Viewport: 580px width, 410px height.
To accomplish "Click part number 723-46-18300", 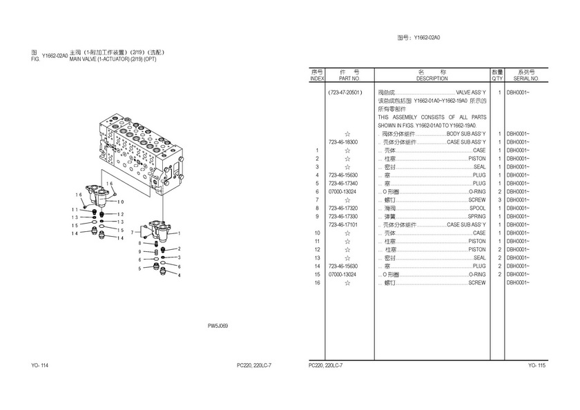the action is pyautogui.click(x=343, y=142).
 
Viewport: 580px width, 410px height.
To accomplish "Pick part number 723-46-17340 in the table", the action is pyautogui.click(x=343, y=184).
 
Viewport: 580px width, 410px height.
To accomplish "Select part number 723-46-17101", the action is pyautogui.click(x=343, y=225).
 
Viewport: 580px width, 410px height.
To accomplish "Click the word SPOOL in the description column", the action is pyautogui.click(x=478, y=208).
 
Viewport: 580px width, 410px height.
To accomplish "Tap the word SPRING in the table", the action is pyautogui.click(x=477, y=216).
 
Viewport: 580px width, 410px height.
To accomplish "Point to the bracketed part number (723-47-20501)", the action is pyautogui.click(x=345, y=92).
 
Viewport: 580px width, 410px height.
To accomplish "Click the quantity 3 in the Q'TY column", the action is pyautogui.click(x=499, y=200).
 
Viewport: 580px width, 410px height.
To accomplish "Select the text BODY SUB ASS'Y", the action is pyautogui.click(x=466, y=134).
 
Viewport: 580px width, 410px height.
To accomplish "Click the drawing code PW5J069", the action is pyautogui.click(x=217, y=326).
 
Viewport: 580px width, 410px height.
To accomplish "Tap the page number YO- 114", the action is pyautogui.click(x=39, y=365).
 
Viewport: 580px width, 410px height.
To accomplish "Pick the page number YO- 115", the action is pyautogui.click(x=536, y=365).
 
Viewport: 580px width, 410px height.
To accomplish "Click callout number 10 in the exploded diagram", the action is pyautogui.click(x=121, y=202).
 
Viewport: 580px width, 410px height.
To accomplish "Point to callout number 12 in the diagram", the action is pyautogui.click(x=121, y=215).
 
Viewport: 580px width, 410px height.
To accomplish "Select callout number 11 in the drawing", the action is pyautogui.click(x=75, y=210).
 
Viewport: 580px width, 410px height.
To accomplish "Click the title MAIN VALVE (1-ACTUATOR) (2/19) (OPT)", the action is pyautogui.click(x=113, y=59).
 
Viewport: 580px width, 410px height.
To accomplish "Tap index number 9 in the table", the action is pyautogui.click(x=317, y=216).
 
